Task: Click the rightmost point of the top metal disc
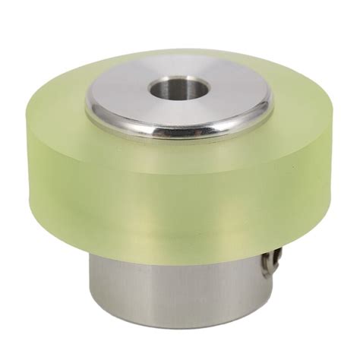pyautogui.click(x=273, y=103)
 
